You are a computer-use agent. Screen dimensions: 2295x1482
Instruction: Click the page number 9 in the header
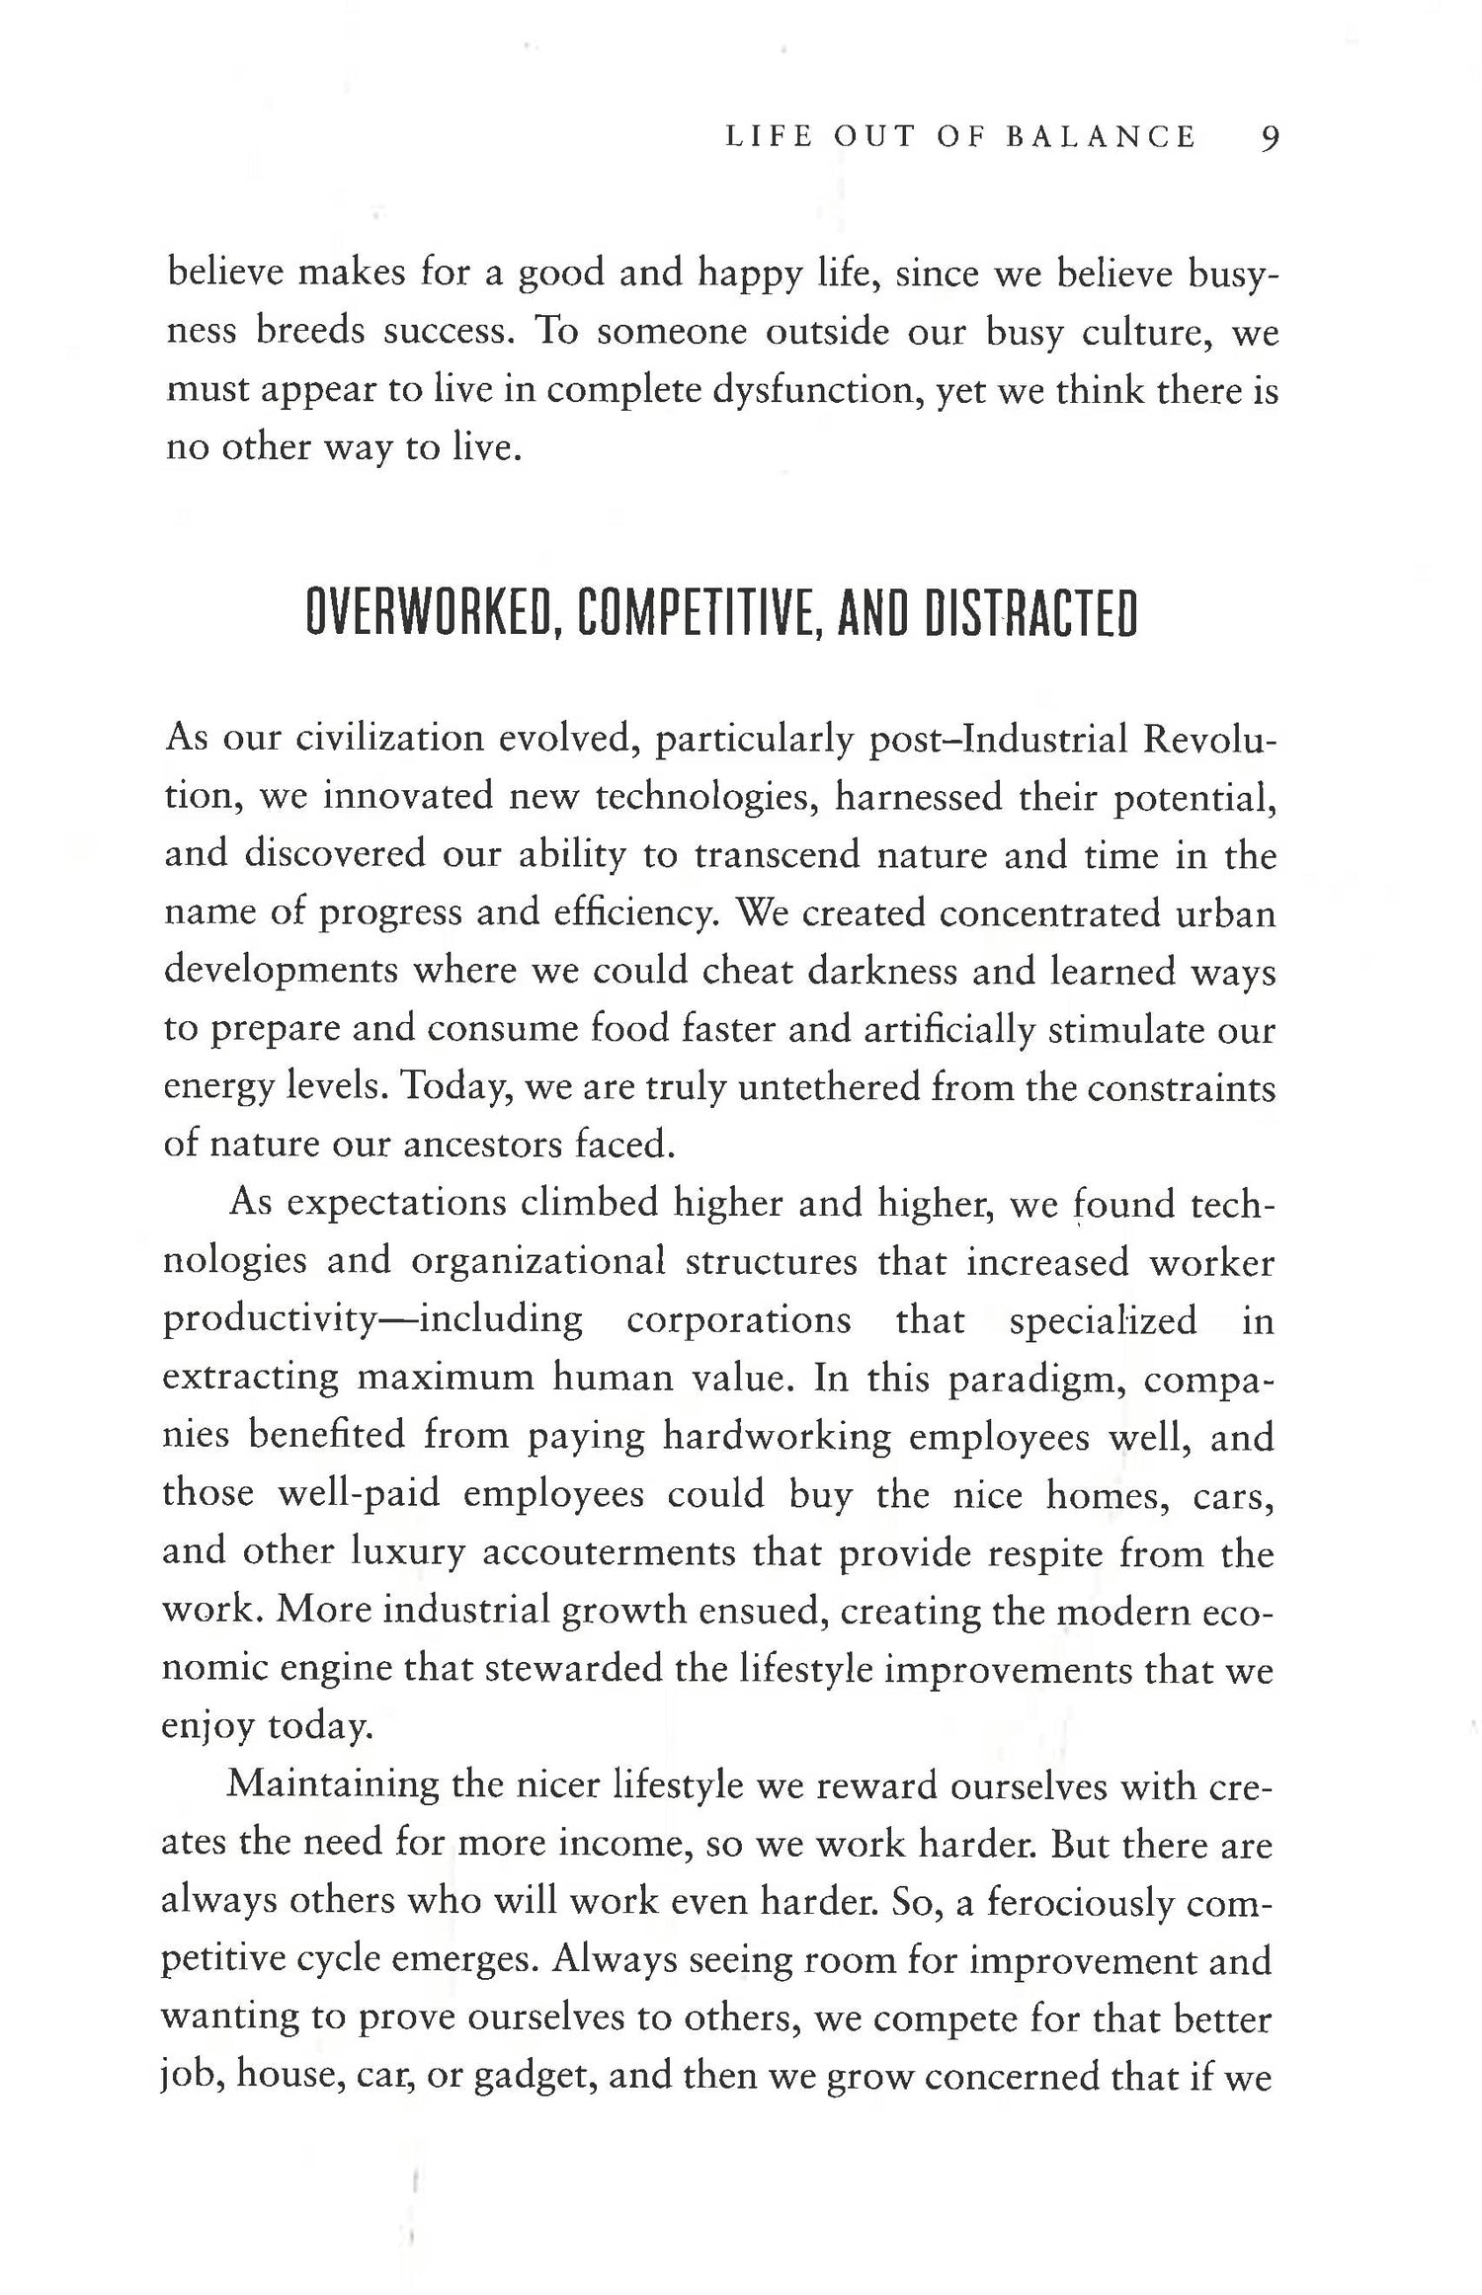tap(1270, 137)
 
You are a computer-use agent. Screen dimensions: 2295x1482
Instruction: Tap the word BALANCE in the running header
tap(1100, 137)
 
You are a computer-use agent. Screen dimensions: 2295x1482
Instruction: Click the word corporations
tap(739, 1320)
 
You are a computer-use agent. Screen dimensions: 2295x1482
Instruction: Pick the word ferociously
tap(1078, 1902)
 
